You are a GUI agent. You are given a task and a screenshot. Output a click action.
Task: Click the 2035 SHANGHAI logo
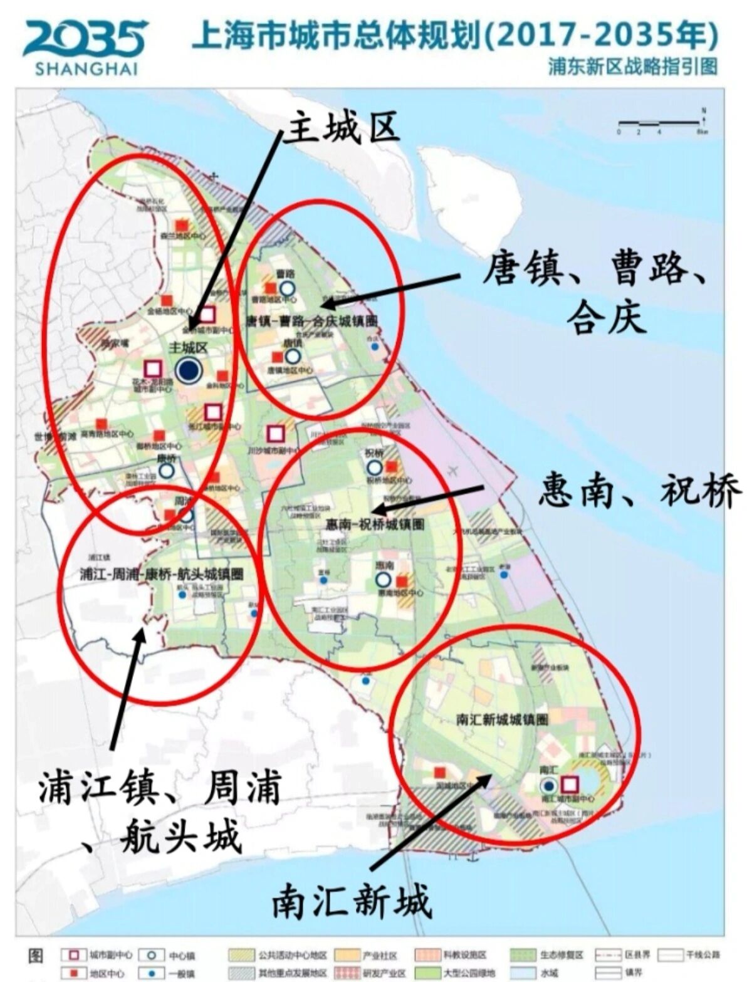(85, 46)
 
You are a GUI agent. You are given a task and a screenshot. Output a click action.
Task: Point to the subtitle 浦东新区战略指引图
(633, 66)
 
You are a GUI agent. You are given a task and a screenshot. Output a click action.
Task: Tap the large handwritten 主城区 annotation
(341, 130)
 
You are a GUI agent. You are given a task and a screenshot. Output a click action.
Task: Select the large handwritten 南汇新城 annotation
(352, 901)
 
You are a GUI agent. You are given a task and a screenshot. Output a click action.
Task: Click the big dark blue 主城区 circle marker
(188, 370)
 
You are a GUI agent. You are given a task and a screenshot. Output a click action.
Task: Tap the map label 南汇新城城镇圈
(503, 719)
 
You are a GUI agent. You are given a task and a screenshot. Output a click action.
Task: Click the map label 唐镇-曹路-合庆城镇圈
(312, 321)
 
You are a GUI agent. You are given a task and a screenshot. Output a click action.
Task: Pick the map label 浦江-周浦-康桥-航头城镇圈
(162, 573)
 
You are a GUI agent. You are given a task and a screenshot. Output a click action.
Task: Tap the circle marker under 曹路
(288, 288)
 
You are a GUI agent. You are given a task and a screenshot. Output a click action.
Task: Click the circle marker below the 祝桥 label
(375, 467)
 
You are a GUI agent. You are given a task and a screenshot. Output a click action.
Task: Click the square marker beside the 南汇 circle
(569, 785)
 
